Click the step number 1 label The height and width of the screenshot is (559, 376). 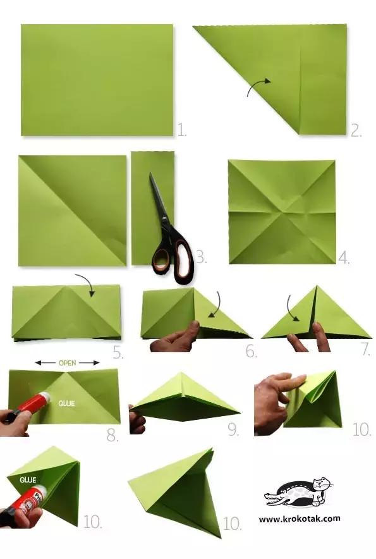pos(182,130)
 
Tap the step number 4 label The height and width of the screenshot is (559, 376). pos(344,257)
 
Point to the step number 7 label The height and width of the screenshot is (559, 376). pos(367,350)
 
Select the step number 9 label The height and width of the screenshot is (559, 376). pos(233,430)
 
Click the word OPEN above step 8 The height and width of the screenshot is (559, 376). pos(68,363)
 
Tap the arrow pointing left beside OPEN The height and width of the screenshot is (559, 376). pos(45,363)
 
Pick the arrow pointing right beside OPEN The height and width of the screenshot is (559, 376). pos(89,363)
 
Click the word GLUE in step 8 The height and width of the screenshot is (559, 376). pos(66,403)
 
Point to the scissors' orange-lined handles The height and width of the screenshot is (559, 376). pos(174,255)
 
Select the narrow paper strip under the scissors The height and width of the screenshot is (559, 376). pos(152,208)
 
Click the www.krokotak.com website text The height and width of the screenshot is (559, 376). pos(300,519)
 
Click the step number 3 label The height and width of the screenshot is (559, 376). pos(202,257)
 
